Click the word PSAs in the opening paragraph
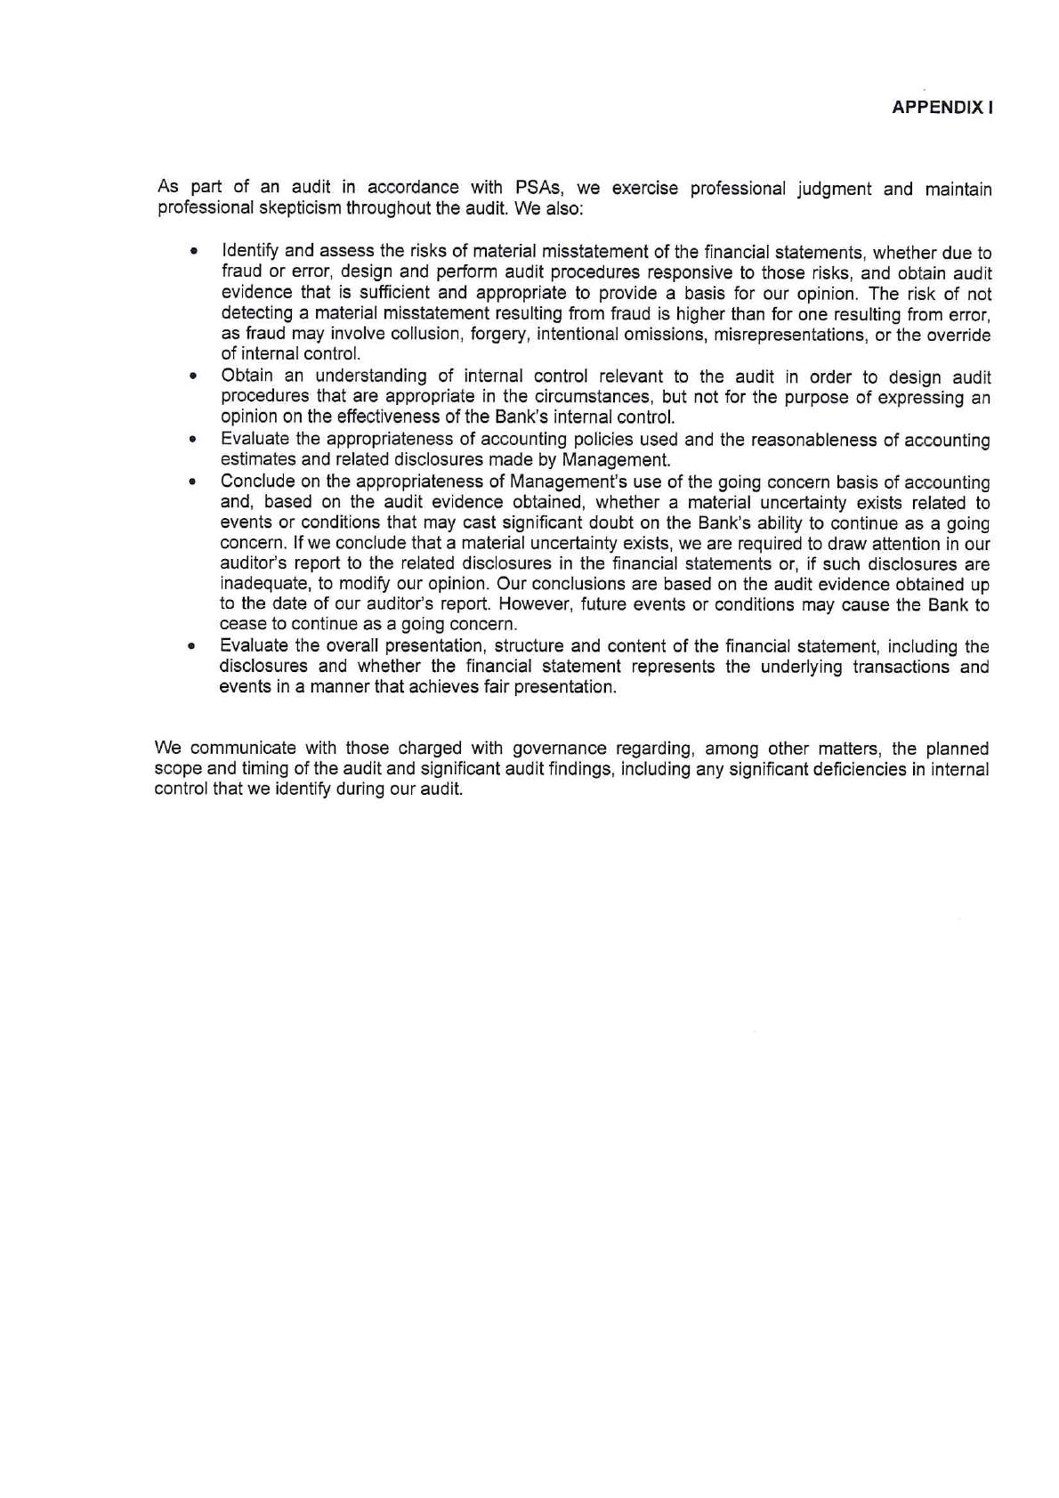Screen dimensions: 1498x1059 click(x=537, y=188)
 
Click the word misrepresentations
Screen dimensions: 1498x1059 click(x=787, y=335)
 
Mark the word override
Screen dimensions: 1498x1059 click(x=963, y=335)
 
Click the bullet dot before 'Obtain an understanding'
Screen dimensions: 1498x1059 click(x=192, y=377)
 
